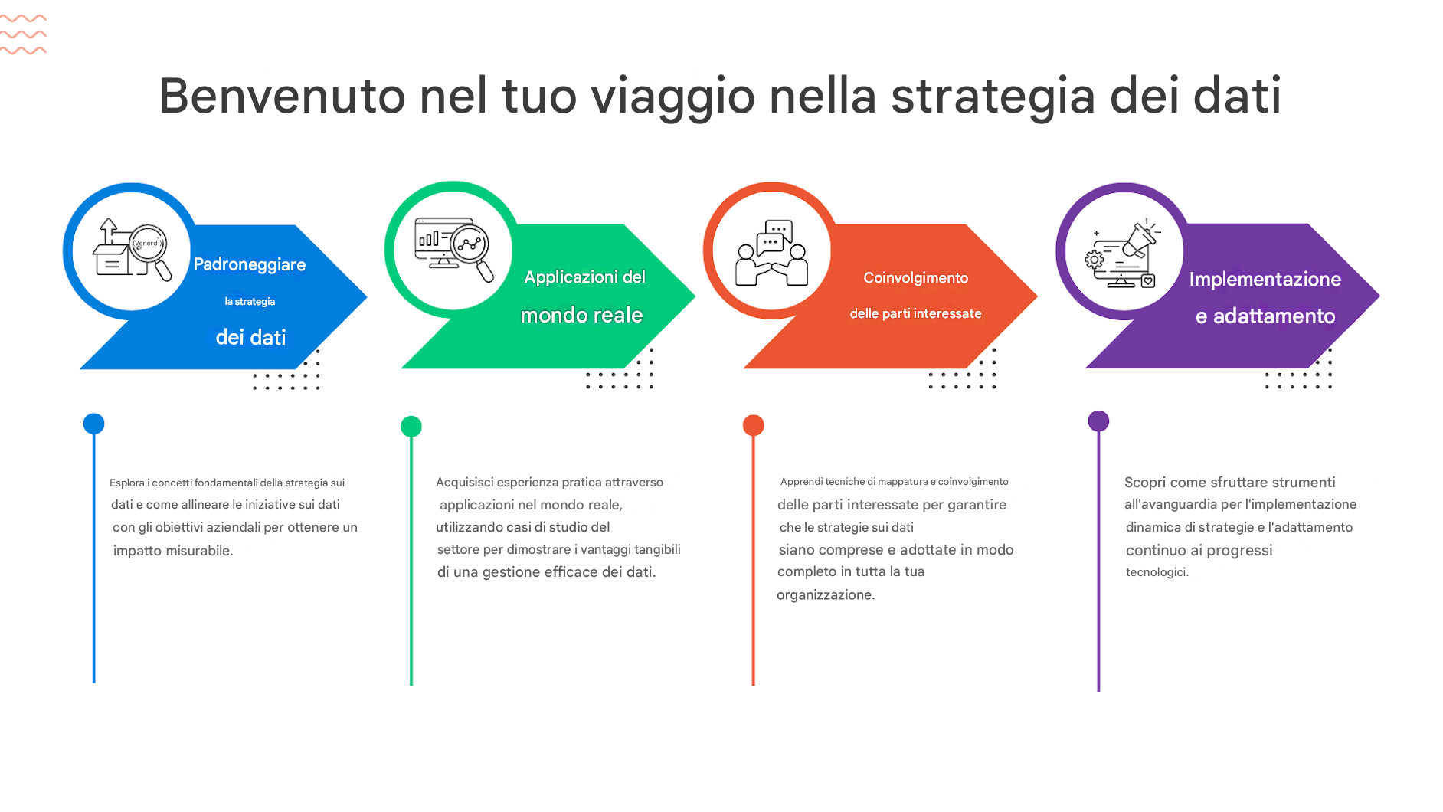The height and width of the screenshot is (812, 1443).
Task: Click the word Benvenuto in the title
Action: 282,96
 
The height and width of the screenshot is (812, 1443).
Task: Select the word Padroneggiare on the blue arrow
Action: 250,265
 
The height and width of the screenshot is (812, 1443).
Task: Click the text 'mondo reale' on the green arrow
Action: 581,315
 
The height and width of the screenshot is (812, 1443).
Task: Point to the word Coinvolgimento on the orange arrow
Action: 916,278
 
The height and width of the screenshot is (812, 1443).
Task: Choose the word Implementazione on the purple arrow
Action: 1265,280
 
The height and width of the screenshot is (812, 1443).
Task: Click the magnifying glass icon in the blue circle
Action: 151,252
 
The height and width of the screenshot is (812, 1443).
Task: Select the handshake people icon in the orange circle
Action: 772,253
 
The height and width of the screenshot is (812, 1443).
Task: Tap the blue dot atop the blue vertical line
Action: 93,424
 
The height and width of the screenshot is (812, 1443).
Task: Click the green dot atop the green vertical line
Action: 411,426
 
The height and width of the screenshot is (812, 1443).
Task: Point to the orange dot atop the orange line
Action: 754,425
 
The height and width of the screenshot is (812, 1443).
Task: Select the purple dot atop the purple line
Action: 1098,421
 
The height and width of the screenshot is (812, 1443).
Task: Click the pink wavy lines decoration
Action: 23,34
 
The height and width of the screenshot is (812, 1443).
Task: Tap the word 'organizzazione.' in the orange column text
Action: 826,595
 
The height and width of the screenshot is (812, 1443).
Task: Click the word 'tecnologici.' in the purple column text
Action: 1157,572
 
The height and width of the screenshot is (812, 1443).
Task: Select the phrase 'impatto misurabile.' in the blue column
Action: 173,551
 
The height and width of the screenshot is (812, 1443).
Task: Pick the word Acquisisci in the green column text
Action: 465,483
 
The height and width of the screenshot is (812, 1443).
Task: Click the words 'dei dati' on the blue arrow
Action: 250,338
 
